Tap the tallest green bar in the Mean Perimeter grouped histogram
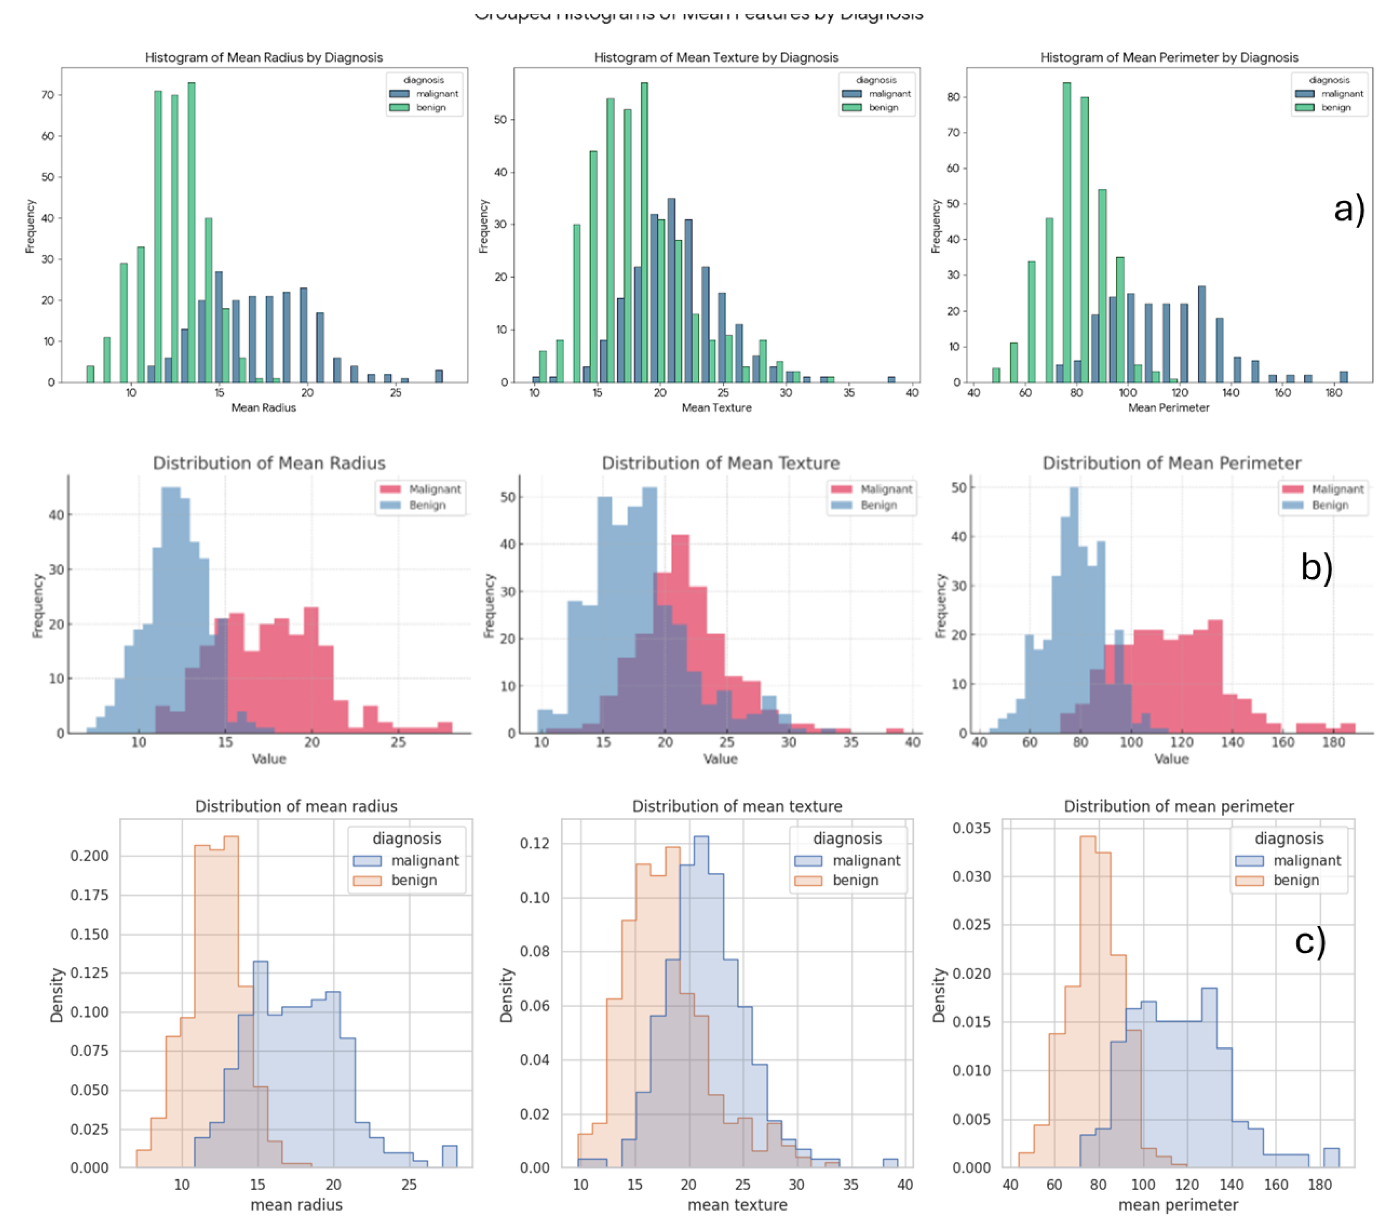tap(1066, 231)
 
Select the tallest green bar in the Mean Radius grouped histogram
tap(191, 231)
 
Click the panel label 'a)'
tap(1349, 209)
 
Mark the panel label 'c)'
tap(1310, 942)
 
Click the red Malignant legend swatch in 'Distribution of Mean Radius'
tap(390, 489)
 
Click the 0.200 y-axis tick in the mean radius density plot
tap(89, 856)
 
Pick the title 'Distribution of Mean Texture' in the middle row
tap(720, 463)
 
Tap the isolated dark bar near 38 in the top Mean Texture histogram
tap(891, 379)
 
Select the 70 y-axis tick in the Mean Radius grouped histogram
tap(47, 95)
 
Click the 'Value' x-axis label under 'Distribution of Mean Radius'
tap(269, 759)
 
